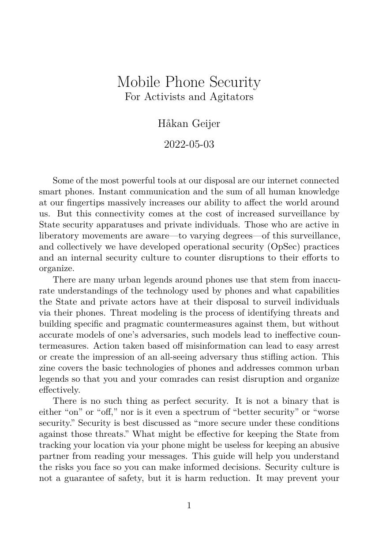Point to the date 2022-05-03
[189, 145]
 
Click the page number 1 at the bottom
[189, 506]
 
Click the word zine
[47, 368]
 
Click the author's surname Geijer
[206, 124]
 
